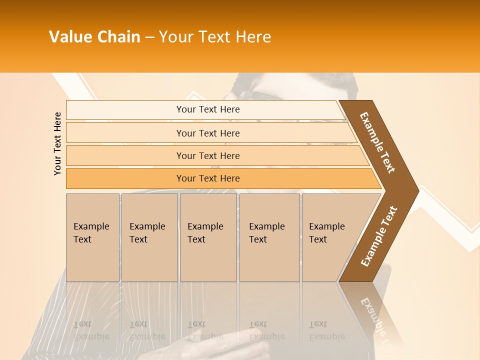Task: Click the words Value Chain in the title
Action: pos(94,37)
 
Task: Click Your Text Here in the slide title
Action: pos(215,37)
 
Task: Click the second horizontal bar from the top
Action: pos(208,133)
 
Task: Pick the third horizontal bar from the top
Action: pos(208,155)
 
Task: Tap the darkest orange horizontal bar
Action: pos(208,178)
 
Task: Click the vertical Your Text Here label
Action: pos(57,143)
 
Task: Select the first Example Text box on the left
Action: pos(92,237)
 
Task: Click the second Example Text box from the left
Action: pos(149,237)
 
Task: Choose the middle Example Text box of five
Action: pos(207,237)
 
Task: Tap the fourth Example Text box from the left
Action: pos(269,237)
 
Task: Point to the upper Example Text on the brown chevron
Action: pos(377,142)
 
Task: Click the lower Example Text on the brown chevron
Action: pos(378,236)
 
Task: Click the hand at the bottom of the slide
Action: pos(235,345)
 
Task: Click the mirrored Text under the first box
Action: pos(82,324)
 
